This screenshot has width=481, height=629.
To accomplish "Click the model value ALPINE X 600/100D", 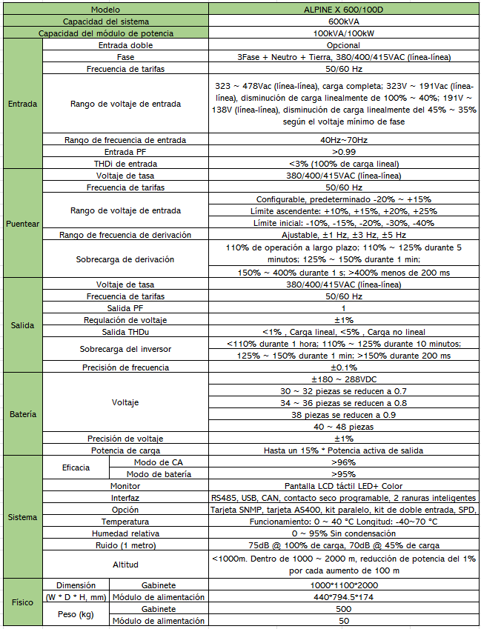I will [x=343, y=10].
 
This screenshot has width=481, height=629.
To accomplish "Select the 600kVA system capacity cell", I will [x=343, y=21].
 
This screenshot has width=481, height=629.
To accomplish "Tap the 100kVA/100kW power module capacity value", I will [x=343, y=33].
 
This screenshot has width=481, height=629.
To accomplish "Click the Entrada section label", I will [x=21, y=104].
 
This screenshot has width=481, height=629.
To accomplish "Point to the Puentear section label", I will [x=21, y=223].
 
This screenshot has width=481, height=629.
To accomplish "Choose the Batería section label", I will [x=21, y=414].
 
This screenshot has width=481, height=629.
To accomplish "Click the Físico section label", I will [x=21, y=602].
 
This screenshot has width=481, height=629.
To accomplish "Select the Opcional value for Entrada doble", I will [x=343, y=45].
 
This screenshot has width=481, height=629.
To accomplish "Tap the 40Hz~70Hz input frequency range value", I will [x=343, y=140].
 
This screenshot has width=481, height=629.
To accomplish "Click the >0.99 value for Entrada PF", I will [x=343, y=152].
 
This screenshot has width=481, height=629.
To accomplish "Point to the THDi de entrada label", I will [x=125, y=164].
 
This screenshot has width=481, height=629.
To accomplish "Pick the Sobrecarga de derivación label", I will [x=125, y=260].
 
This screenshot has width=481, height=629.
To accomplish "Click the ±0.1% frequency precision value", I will [x=343, y=367].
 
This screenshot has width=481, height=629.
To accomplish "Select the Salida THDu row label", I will [x=125, y=332].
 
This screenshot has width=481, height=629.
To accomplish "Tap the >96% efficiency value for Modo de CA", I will [x=343, y=462].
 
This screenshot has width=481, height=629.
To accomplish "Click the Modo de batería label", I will [x=154, y=474].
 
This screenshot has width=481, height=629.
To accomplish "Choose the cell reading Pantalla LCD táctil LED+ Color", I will [x=343, y=486].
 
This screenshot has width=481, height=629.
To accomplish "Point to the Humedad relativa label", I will [x=125, y=533].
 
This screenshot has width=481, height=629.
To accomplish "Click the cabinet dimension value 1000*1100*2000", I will [x=343, y=585].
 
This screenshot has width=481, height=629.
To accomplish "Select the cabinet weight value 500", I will [x=343, y=609].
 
